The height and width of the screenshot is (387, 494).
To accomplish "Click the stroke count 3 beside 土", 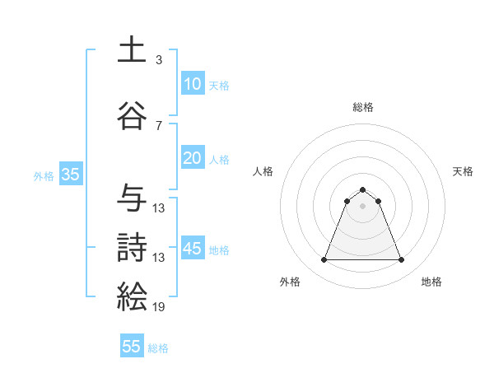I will coord(159,60).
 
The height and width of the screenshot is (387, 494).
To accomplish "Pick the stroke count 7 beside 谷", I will coord(159,126).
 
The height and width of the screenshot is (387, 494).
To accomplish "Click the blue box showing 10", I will coord(192,84).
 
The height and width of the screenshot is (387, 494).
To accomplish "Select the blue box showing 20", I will coord(192,158).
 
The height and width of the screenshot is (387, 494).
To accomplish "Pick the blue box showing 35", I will coord(70,175).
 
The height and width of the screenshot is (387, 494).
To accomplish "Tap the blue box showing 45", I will coord(192,249).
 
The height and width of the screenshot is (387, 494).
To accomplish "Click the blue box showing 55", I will coord(132,347).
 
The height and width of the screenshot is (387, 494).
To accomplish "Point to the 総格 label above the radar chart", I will coord(362,107).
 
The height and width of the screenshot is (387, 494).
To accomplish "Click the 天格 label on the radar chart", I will coord(463,171).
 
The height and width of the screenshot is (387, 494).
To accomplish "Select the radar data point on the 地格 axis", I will coord(402,260).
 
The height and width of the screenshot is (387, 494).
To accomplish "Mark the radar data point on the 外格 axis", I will coord(324,260).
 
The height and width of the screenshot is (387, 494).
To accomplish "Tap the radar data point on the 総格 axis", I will coord(362,189).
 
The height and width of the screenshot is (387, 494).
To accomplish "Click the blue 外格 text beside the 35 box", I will coord(44,175).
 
